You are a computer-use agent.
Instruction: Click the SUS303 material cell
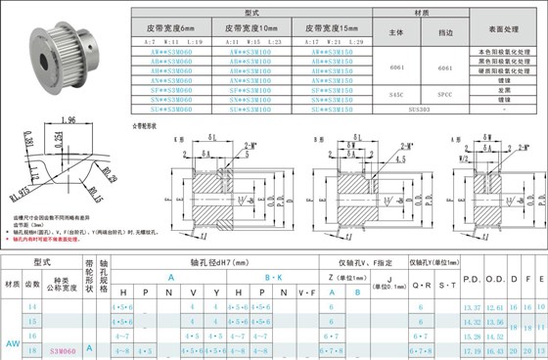point(421,110)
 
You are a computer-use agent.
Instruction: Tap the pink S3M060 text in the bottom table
point(62,348)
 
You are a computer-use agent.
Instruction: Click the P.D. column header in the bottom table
point(471,292)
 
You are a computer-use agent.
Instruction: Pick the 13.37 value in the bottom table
point(471,307)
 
